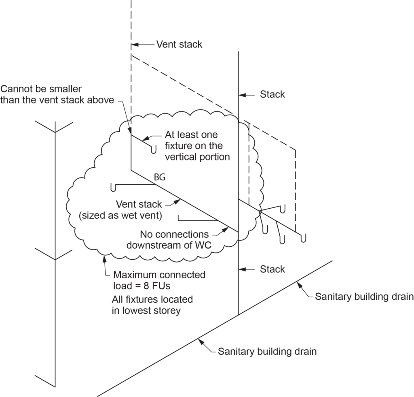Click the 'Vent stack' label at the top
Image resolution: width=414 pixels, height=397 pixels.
click(x=179, y=44)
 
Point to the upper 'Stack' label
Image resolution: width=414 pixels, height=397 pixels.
click(x=272, y=94)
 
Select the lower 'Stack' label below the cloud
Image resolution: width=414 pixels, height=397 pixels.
click(x=272, y=269)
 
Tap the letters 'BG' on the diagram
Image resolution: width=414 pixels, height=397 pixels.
click(x=160, y=177)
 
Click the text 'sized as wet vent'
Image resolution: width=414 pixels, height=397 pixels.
click(x=120, y=216)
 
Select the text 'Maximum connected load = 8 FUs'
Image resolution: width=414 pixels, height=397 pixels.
click(x=159, y=280)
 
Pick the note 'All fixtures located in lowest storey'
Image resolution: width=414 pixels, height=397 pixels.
click(x=152, y=305)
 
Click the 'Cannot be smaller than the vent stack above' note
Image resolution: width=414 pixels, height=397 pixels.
click(x=57, y=94)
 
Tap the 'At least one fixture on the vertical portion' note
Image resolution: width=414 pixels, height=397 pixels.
click(x=197, y=145)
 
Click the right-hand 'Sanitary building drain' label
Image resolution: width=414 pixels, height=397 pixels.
click(x=364, y=297)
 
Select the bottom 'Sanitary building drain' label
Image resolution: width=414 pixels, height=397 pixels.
click(x=267, y=351)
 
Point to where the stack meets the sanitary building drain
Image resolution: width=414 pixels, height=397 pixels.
click(x=238, y=314)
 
